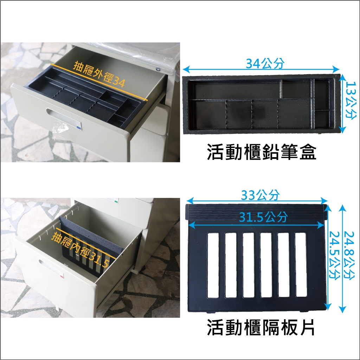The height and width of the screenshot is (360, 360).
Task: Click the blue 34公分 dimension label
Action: point(265,63)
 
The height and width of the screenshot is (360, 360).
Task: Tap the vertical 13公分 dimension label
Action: point(352,101)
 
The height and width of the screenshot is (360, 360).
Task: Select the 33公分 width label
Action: point(260,195)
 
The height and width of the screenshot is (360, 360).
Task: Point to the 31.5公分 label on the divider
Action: point(263,217)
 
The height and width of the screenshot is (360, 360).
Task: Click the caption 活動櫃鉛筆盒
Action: point(262,152)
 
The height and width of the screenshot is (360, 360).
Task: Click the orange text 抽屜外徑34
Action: point(99,74)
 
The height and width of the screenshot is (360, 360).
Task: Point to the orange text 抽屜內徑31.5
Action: point(81,250)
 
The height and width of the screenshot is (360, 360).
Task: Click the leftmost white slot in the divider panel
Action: point(213,265)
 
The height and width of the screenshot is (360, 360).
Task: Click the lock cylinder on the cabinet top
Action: point(158,69)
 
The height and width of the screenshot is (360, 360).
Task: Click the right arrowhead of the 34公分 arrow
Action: point(336,69)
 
